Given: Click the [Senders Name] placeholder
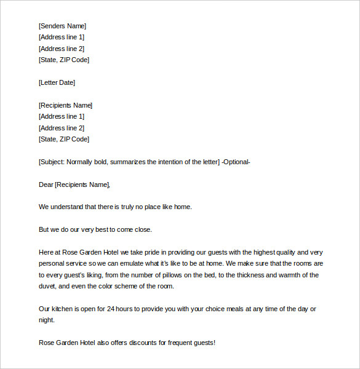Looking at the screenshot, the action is tap(62, 26).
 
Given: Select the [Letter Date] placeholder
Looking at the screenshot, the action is tap(57, 82).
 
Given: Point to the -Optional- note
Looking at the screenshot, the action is tap(236, 162).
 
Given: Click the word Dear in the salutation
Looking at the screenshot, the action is tap(46, 184).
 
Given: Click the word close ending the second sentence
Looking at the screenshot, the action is tap(141, 229).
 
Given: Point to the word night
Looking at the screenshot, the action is tap(47, 320).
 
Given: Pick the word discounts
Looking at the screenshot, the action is tap(132, 343).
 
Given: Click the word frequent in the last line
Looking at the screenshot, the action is tap(172, 343).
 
